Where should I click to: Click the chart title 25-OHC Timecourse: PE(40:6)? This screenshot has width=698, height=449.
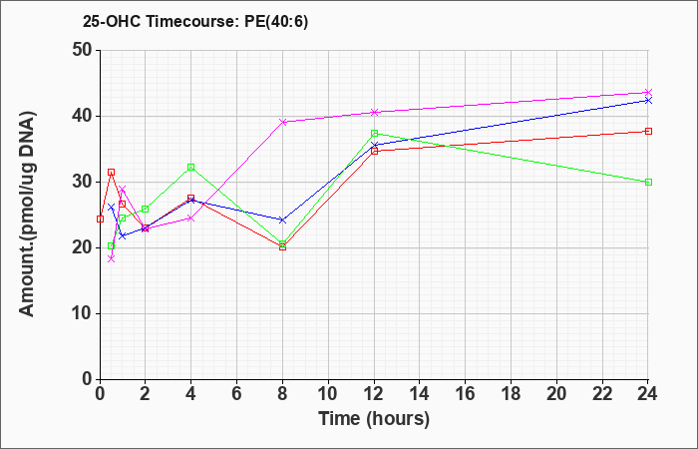pos(195,22)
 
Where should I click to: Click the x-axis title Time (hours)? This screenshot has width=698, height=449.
pos(374,419)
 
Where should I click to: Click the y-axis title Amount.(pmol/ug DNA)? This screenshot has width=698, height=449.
pos(28,215)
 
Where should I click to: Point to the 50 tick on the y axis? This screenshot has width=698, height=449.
pos(83,50)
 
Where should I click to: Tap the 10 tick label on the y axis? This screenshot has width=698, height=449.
pos(83,313)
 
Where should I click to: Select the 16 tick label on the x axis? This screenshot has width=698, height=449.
pos(466,393)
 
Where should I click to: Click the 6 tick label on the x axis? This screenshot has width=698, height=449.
pos(237,393)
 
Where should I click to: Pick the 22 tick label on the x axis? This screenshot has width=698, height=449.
pos(602,393)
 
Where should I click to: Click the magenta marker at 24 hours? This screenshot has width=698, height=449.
pos(648,92)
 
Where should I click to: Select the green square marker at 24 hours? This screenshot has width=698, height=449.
pos(648,182)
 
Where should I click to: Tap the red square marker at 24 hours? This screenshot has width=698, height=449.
pos(648,131)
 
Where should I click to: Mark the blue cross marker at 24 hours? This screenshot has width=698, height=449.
pos(648,100)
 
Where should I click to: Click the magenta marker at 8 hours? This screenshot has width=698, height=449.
pos(282,122)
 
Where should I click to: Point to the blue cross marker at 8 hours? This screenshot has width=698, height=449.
pos(282,220)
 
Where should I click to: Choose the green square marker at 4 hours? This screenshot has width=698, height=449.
pos(191,167)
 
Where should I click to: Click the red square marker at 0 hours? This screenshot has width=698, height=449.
pos(100,219)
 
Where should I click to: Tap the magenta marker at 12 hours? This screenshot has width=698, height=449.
pos(374,112)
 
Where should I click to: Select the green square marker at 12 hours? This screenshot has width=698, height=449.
pos(374,133)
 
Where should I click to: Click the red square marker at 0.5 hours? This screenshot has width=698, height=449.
pos(112,172)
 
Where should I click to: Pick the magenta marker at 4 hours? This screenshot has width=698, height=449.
pos(191,219)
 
